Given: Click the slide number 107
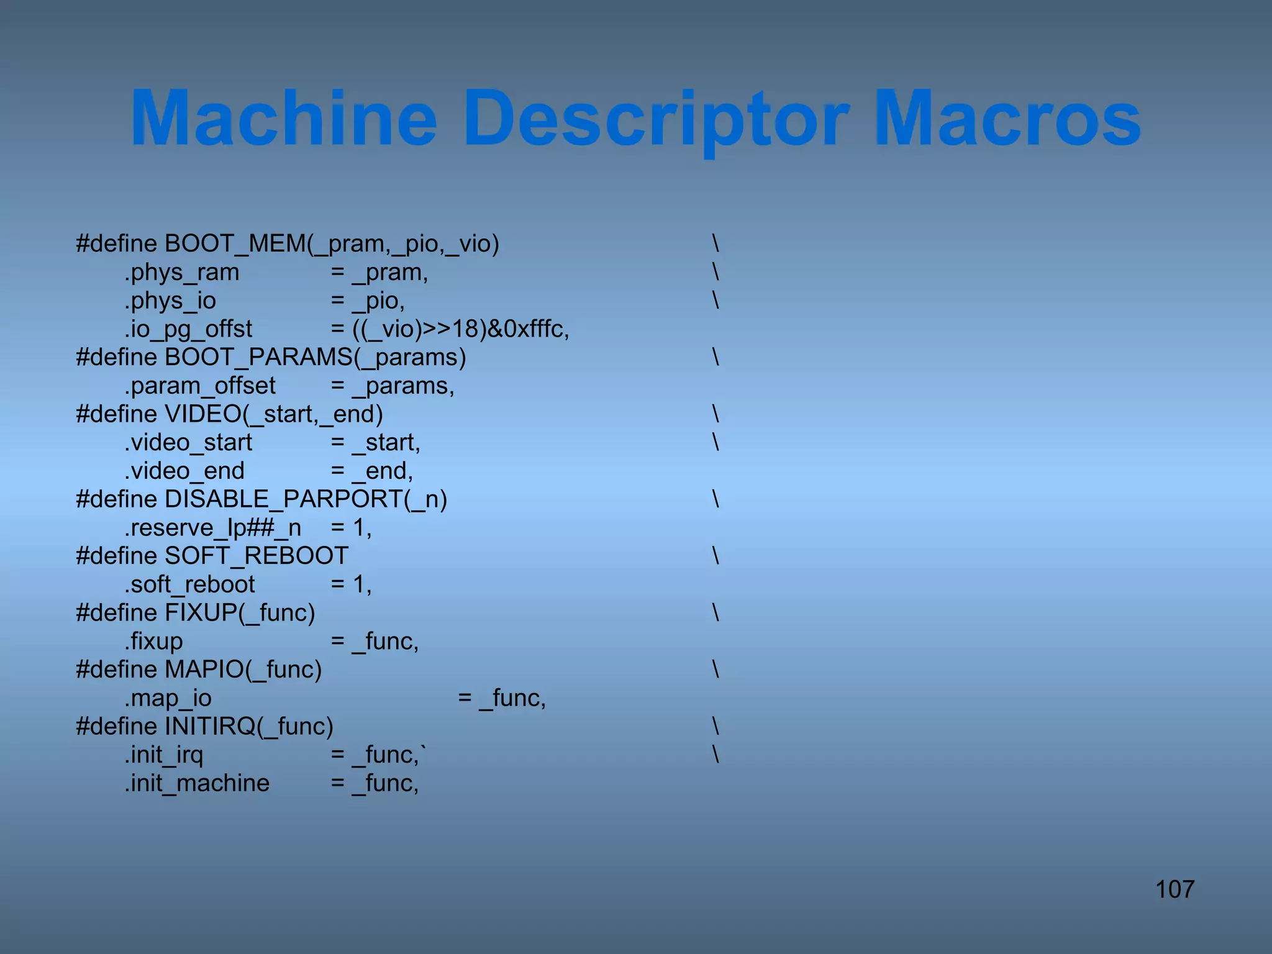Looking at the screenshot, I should click(1174, 889).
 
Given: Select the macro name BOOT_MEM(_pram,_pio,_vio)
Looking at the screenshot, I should click(332, 243).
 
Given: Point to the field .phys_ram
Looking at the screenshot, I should click(181, 273).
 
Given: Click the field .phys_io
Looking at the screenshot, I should click(170, 301).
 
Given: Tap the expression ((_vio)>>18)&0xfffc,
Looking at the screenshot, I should click(461, 329).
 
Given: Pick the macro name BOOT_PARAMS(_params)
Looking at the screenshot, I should click(316, 358).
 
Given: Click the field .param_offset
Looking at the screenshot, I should click(199, 386).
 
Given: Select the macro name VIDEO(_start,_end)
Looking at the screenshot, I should click(274, 414).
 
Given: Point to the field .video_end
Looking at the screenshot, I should click(184, 471).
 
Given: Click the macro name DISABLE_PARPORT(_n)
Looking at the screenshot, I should click(306, 499).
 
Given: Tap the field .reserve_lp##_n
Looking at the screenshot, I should click(212, 528).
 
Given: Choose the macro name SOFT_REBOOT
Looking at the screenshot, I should click(257, 556).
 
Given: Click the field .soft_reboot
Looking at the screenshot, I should click(189, 584).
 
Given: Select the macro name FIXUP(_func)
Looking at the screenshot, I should click(240, 613).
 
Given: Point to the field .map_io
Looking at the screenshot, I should click(168, 698).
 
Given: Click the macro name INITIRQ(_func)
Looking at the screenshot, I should click(249, 727).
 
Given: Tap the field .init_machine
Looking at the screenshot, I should click(197, 783).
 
